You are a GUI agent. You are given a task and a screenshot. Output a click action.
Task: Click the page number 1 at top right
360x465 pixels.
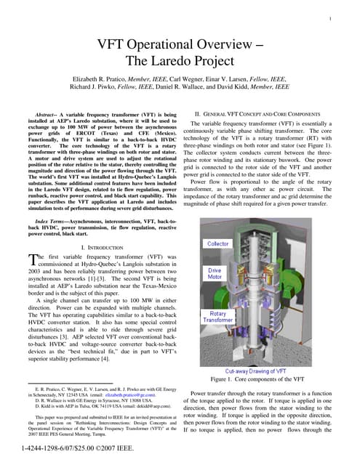click(x=331, y=19)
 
